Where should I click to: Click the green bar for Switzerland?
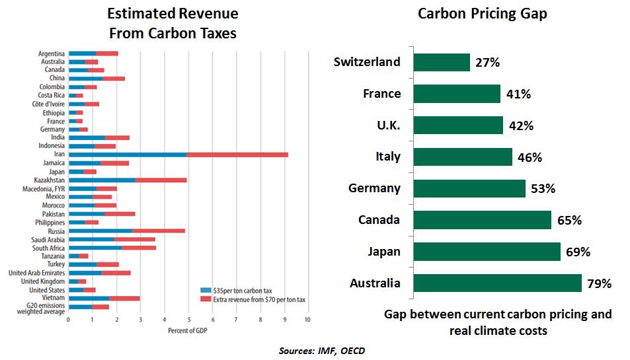click(441, 62)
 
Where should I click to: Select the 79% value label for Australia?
click(598, 283)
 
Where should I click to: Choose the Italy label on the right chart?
click(388, 157)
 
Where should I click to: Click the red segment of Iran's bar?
click(237, 154)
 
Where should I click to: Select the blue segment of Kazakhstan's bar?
click(102, 180)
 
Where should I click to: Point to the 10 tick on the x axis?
click(307, 320)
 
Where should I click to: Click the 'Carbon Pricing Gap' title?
click(483, 14)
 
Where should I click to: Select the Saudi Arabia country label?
click(48, 239)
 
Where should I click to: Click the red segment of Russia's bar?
click(159, 231)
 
